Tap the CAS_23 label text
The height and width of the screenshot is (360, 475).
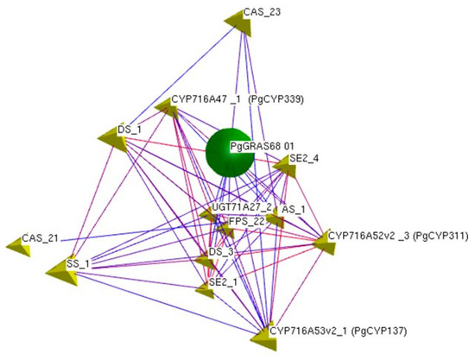coord(263,12)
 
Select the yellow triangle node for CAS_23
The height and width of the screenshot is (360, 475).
coord(239,24)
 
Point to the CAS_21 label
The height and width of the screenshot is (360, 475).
coord(40,238)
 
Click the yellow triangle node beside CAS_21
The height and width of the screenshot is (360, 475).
coord(19,246)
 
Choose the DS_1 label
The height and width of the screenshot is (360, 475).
coord(130,129)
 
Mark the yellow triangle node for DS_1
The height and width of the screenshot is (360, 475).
coord(113,140)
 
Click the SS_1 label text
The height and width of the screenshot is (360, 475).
coord(78,264)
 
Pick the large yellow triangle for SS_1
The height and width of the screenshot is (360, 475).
coord(63,271)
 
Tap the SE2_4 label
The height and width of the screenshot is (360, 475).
coord(304,158)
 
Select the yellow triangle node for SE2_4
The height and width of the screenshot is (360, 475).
coord(285,167)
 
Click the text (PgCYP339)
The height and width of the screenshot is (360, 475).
coord(275,99)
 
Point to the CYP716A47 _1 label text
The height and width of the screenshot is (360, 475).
coord(206,99)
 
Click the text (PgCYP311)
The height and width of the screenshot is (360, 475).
coord(440,236)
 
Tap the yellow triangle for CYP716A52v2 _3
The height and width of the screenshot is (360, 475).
coord(325,243)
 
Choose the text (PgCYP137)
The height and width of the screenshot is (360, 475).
coord(378,331)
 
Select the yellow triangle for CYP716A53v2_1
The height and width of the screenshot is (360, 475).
coord(264,338)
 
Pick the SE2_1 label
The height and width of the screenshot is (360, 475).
coord(224,282)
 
